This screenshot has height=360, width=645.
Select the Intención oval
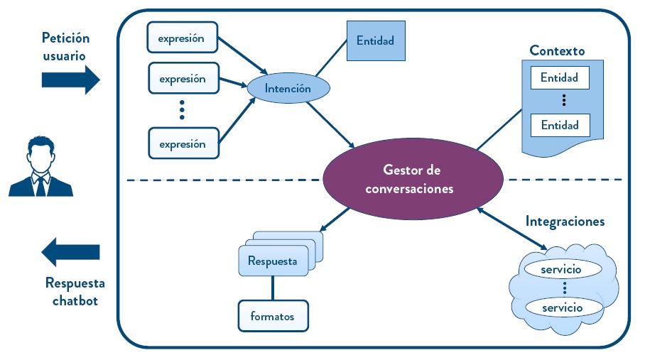tap(288, 89)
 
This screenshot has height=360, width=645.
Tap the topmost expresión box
tap(182, 38)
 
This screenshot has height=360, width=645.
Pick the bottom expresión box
tap(182, 144)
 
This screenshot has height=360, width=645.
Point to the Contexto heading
tap(557, 51)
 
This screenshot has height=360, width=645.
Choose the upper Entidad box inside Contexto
tap(559, 77)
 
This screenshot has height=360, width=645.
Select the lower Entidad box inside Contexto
tap(559, 126)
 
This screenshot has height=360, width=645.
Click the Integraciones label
tap(565, 222)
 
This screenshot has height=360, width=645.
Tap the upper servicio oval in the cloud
tap(560, 270)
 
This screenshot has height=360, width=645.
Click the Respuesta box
tap(273, 261)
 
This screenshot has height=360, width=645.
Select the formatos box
tap(272, 316)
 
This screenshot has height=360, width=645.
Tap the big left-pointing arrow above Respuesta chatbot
tap(70, 252)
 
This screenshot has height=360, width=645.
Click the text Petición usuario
tap(65, 45)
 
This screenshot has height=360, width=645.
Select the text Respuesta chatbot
tap(75, 292)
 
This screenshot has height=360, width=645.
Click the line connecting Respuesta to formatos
tap(273, 288)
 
